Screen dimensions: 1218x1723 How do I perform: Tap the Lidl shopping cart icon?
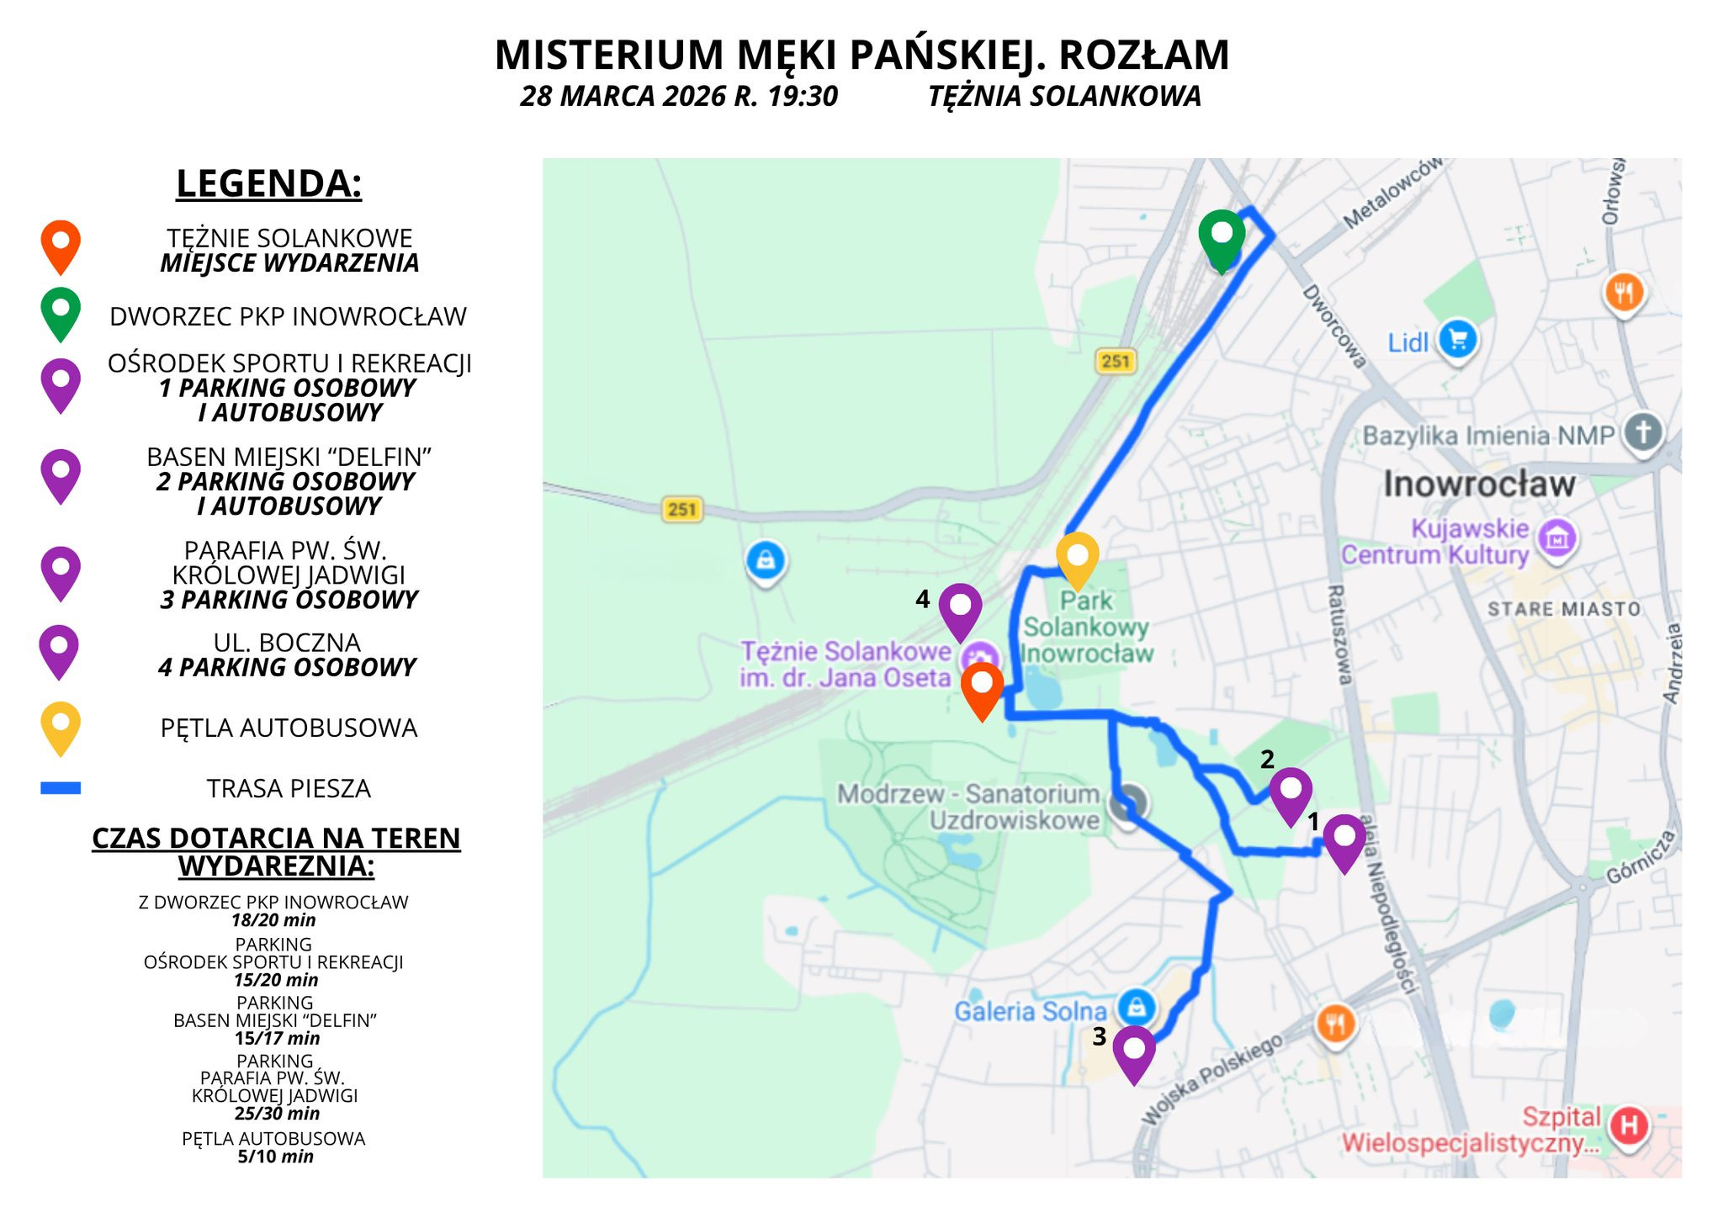pyautogui.click(x=1458, y=340)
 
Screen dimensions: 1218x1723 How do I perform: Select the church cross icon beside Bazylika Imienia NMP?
pyautogui.click(x=1643, y=432)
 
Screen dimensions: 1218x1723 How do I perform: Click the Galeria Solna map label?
pyautogui.click(x=1030, y=1011)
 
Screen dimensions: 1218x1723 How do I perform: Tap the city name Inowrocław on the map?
pyautogui.click(x=1479, y=484)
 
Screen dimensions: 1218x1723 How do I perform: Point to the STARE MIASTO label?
pyautogui.click(x=1564, y=609)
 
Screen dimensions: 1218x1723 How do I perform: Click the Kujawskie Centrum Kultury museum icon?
pyautogui.click(x=1556, y=538)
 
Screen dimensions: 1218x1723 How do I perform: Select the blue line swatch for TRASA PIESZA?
pyautogui.click(x=61, y=788)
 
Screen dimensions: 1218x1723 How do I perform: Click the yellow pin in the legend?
pyautogui.click(x=61, y=725)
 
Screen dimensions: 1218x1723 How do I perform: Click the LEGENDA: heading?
pyautogui.click(x=269, y=183)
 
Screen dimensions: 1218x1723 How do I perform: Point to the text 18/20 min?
pyautogui.click(x=273, y=920)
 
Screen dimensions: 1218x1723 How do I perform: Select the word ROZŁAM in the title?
pyautogui.click(x=1143, y=56)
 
